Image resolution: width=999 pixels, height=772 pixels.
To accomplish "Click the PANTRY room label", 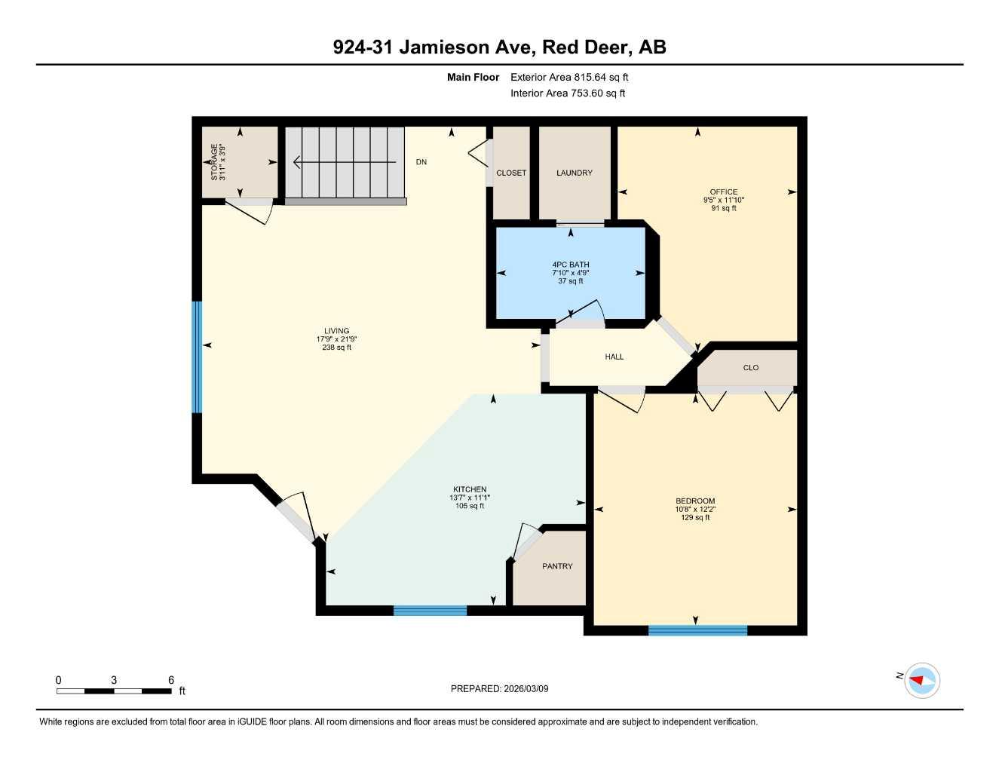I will click(x=557, y=566).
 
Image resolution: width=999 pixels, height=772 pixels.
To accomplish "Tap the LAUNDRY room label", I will click(x=575, y=173).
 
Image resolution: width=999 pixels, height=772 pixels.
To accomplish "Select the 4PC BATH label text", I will click(x=571, y=265).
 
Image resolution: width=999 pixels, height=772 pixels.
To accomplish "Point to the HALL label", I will click(x=614, y=357).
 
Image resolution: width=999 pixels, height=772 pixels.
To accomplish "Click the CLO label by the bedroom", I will click(x=751, y=368).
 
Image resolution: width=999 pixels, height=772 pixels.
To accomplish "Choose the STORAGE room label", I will click(x=214, y=161).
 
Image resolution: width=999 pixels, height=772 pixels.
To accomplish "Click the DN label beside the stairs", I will click(x=421, y=162).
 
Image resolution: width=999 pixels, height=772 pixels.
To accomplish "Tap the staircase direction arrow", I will click(x=344, y=162).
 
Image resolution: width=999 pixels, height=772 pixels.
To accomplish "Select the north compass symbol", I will click(x=921, y=681).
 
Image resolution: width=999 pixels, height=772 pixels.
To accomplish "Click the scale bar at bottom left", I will click(x=114, y=690).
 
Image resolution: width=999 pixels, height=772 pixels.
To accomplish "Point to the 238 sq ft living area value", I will click(x=337, y=348).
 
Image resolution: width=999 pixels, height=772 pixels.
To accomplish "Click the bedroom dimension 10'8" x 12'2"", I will click(x=695, y=510).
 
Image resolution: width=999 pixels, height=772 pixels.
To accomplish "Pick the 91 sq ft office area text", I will click(x=724, y=208).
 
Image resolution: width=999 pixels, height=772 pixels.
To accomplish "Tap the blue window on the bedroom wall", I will click(x=697, y=630).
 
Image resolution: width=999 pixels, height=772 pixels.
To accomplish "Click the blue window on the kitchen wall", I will click(x=430, y=611).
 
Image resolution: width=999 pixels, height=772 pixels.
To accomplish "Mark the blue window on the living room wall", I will click(x=198, y=357).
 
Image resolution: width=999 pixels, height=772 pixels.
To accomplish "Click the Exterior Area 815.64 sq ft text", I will click(x=569, y=77).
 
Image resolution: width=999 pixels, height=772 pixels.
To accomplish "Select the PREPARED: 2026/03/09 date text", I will click(x=499, y=688).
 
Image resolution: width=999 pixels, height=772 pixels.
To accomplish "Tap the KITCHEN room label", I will click(x=470, y=489).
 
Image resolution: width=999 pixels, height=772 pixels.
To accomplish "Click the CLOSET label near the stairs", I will click(x=511, y=173).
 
